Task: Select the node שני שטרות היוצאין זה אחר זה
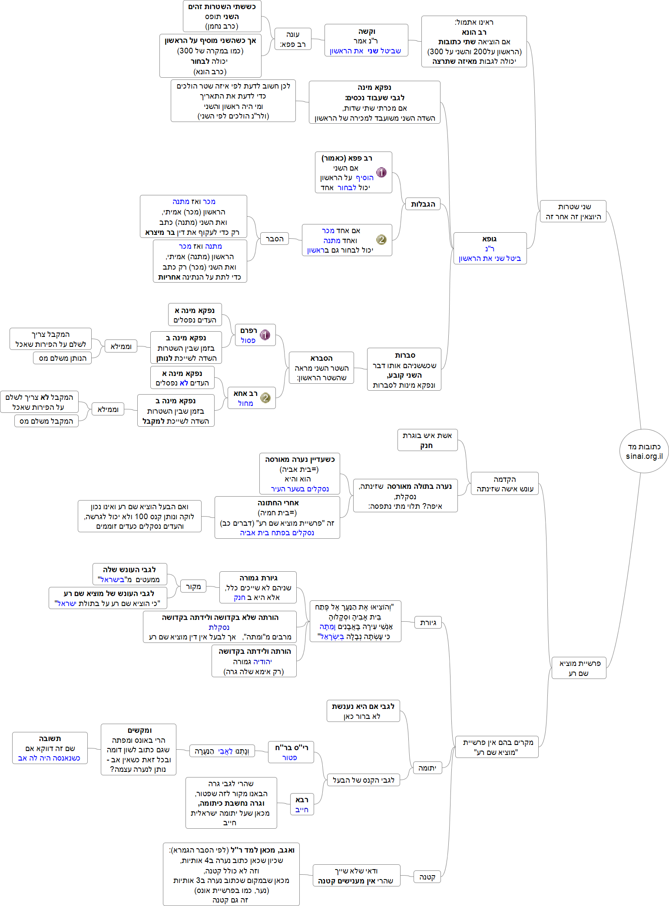coord(573,211)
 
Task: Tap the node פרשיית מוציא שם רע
coord(579,668)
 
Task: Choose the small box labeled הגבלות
coord(423,204)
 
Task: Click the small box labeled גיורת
coord(428,623)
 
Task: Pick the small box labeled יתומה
coord(427,768)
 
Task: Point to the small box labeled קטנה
coord(427,877)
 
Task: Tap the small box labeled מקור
coord(193,586)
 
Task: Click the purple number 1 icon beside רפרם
coord(265,335)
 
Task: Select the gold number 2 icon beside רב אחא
coord(265,398)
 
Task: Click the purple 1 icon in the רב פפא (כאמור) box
coord(381,172)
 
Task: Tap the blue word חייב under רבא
coord(301,810)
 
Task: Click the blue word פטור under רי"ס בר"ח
coord(289,758)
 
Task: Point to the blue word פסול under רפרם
coord(248,340)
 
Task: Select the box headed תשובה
coord(50,748)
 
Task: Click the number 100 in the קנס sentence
coord(142,517)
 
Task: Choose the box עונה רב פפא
coord(293,39)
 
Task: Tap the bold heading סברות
coord(405,355)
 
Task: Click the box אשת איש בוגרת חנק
coord(427,440)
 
